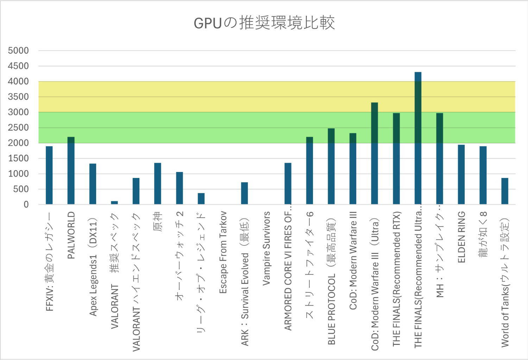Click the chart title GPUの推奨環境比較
(x=264, y=23)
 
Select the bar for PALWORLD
(x=71, y=171)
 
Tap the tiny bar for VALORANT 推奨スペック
(x=114, y=203)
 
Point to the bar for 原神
(x=158, y=184)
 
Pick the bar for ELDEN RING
(x=461, y=175)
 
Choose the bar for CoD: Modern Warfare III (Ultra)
(x=375, y=154)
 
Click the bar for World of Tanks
(x=505, y=191)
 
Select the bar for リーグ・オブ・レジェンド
(x=201, y=199)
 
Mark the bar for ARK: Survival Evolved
(x=244, y=193)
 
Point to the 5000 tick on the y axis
(x=18, y=51)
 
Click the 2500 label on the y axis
(x=18, y=128)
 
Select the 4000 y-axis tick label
(x=18, y=81)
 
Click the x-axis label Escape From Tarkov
(x=223, y=252)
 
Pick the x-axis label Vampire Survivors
(x=266, y=248)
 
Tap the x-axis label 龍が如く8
(x=483, y=234)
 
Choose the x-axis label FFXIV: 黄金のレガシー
(x=50, y=262)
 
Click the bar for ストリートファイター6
(x=309, y=171)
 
